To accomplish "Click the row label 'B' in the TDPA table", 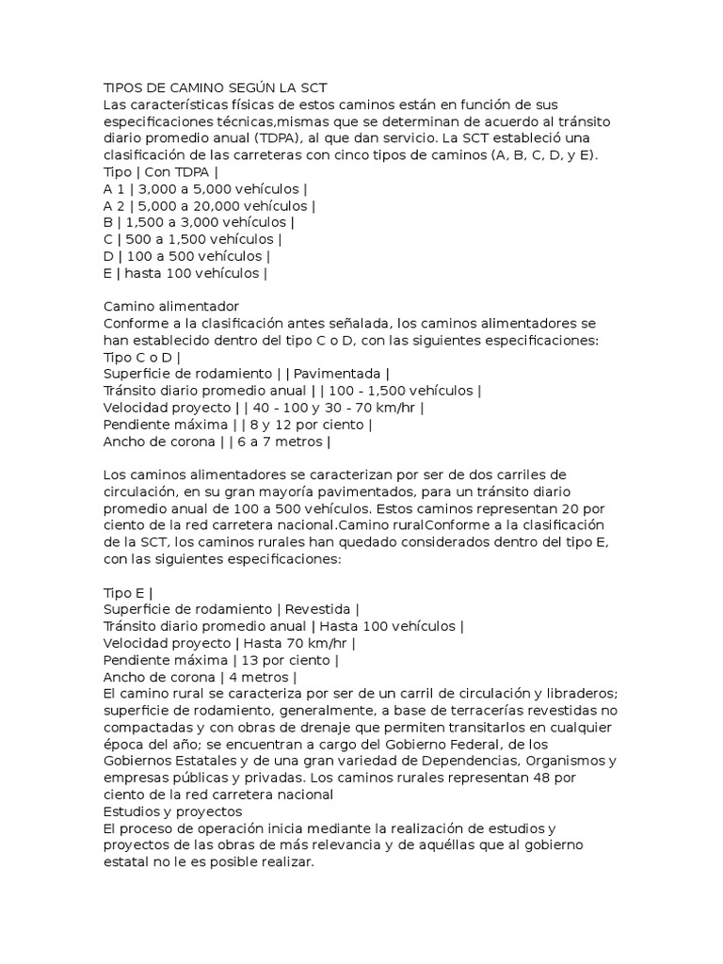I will tap(107, 222).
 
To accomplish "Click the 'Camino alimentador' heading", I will tap(171, 306).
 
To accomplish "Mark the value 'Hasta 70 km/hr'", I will tap(295, 643).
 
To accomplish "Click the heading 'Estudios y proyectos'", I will tap(173, 811).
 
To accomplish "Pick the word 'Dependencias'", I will tap(460, 761).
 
